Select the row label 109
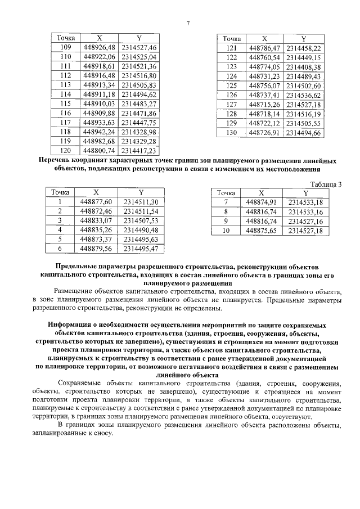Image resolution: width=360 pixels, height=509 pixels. [x=65, y=48]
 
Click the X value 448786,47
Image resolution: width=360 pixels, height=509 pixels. [x=264, y=48]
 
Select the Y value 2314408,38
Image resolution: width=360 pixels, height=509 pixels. [x=303, y=66]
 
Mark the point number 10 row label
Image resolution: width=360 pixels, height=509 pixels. [x=226, y=230]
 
